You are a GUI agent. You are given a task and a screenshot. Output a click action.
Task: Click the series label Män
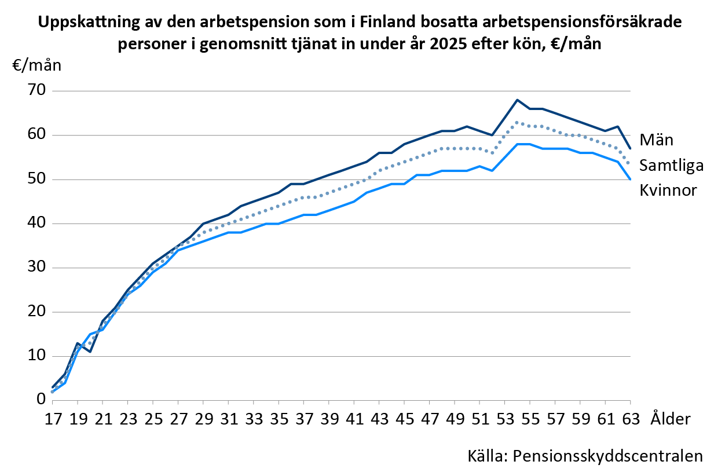point(656,140)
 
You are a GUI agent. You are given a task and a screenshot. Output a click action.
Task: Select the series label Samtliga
point(671,166)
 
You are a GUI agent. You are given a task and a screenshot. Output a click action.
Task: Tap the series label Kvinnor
point(668,191)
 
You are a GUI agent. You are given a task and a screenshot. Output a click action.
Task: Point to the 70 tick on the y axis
point(37,90)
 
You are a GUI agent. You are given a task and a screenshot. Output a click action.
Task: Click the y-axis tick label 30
point(37,267)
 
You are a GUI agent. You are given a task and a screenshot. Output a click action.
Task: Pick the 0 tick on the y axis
point(42,400)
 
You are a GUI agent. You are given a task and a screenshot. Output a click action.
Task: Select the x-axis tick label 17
point(53,419)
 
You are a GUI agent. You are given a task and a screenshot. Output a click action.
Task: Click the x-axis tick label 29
point(204,419)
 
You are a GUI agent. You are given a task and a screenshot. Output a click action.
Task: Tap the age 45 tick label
point(405,419)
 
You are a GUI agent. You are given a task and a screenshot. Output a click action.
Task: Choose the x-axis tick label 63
point(631,419)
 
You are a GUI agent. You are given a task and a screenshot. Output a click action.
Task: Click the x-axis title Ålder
point(671,418)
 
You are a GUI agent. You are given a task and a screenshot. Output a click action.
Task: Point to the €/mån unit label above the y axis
point(37,65)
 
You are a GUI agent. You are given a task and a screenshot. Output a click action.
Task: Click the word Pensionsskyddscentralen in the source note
point(607,456)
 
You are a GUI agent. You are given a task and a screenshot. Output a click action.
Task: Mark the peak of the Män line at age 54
point(517,100)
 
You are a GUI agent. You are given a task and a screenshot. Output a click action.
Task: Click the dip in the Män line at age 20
point(90,352)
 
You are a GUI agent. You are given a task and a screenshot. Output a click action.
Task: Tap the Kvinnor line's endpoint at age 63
point(630,180)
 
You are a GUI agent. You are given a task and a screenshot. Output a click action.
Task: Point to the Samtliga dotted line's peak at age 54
point(517,122)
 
